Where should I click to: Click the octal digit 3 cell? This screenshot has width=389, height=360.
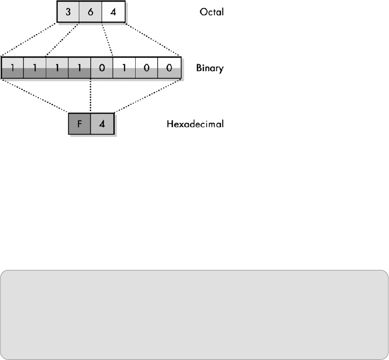(x=68, y=11)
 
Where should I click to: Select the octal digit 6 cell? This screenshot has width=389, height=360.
(x=91, y=11)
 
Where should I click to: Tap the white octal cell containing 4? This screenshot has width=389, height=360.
(x=113, y=11)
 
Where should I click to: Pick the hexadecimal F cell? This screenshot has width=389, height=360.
(x=79, y=123)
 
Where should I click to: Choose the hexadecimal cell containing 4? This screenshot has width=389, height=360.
(x=101, y=123)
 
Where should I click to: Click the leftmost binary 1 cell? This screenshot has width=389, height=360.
(x=12, y=68)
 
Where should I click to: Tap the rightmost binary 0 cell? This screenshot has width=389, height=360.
(x=169, y=68)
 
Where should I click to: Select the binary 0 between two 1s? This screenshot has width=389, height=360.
(x=101, y=68)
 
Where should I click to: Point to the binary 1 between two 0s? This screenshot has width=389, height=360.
(x=124, y=68)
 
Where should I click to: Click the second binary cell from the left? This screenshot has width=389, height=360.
(x=34, y=68)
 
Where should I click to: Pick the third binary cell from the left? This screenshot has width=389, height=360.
(x=57, y=68)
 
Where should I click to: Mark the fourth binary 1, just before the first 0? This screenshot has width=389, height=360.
(x=79, y=68)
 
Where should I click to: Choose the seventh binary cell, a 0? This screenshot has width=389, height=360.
(x=146, y=68)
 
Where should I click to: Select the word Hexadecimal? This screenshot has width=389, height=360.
(x=195, y=124)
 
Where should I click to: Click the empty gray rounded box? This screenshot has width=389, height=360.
(x=194, y=314)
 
